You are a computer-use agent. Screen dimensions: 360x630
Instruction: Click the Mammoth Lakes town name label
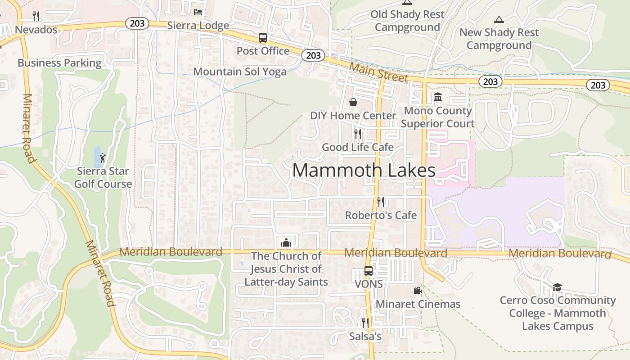pos(364,171)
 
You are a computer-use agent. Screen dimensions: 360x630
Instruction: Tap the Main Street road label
pos(379,72)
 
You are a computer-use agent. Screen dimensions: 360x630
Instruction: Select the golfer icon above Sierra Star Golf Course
pos(103,158)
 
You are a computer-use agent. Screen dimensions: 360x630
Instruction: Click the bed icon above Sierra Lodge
pos(198,12)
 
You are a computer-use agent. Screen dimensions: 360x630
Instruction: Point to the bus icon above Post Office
pos(263,38)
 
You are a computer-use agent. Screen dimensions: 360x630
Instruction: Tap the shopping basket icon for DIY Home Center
pos(353,102)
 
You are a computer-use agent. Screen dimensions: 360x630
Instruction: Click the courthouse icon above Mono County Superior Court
pos(437,97)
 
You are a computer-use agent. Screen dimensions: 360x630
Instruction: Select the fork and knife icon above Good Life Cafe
pos(358,134)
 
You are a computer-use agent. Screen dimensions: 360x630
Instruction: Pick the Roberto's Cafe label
pos(381,216)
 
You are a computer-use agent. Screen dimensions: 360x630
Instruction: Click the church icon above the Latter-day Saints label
pos(286,243)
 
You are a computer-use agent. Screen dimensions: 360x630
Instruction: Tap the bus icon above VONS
pos(368,271)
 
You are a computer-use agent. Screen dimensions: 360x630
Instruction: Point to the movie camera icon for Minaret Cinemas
pos(418,291)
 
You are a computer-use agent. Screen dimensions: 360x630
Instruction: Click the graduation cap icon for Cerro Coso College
pos(557,287)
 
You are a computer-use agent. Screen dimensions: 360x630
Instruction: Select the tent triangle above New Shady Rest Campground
pos(499,19)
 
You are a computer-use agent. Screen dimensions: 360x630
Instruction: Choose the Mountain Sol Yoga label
pos(239,72)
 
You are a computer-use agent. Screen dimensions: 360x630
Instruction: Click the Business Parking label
pos(59,63)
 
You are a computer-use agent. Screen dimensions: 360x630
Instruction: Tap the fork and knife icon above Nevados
pos(36,16)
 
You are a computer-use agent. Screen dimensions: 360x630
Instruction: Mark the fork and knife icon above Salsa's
pos(365,323)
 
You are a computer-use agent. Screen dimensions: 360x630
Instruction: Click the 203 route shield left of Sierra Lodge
pos(137,23)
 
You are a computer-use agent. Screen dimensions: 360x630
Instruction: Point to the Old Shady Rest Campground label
pos(407,21)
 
